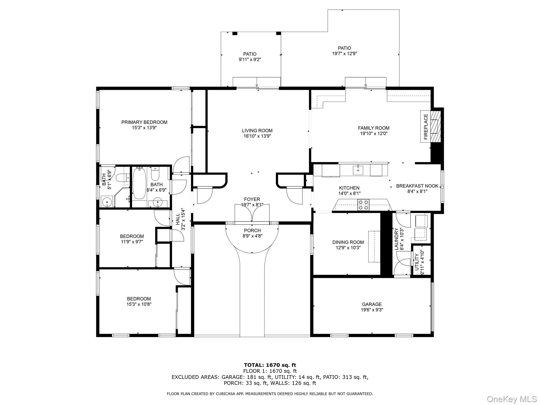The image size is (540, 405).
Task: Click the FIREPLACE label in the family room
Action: (x=426, y=127)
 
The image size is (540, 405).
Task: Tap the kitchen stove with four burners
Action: (x=363, y=205)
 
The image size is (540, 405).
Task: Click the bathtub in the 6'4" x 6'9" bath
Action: (x=139, y=184)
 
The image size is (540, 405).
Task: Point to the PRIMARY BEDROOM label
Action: (x=144, y=122)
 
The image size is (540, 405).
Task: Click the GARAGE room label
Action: (x=372, y=304)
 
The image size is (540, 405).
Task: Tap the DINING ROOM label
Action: (x=348, y=242)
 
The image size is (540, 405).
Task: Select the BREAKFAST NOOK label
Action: (x=417, y=186)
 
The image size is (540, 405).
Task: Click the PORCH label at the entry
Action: (x=252, y=230)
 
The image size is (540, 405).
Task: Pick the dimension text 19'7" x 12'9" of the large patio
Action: (x=344, y=54)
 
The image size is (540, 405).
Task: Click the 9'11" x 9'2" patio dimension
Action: (x=250, y=60)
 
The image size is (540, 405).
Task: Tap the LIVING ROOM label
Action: (x=257, y=131)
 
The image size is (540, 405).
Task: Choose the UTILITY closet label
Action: (x=417, y=262)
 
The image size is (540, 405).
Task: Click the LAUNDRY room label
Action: (x=397, y=239)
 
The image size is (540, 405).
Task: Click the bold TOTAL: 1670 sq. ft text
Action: (x=270, y=365)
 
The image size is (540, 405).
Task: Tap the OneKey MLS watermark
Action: (x=512, y=399)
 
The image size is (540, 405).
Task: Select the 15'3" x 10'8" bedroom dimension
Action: (x=139, y=304)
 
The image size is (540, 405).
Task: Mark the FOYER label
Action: (x=252, y=199)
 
